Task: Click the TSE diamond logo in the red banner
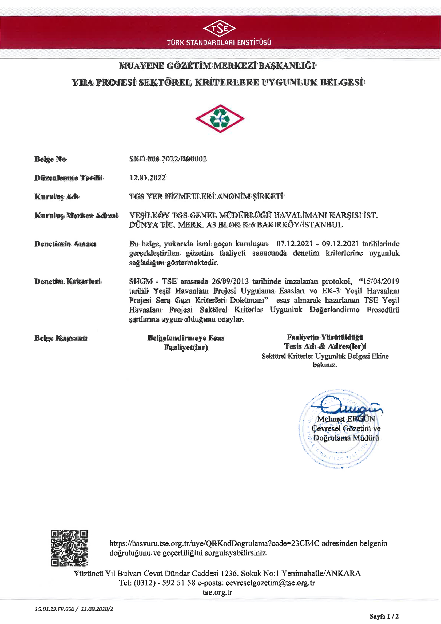[x=220, y=28]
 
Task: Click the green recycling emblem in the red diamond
[x=220, y=119]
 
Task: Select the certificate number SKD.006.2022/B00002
[x=168, y=159]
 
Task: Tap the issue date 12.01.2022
[x=148, y=178]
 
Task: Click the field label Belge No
[x=50, y=159]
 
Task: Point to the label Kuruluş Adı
[x=57, y=197]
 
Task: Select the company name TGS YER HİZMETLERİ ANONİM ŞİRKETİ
[x=206, y=196]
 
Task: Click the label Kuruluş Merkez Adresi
[x=76, y=216]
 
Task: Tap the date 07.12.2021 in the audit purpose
[x=295, y=243]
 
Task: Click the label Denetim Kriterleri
[x=68, y=282]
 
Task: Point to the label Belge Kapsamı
[x=61, y=338]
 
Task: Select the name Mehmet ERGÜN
[x=346, y=419]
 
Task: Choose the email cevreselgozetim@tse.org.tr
[x=270, y=583]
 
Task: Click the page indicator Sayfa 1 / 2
[x=384, y=616]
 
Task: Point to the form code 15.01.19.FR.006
[x=55, y=609]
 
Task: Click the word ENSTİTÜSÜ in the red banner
[x=254, y=42]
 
